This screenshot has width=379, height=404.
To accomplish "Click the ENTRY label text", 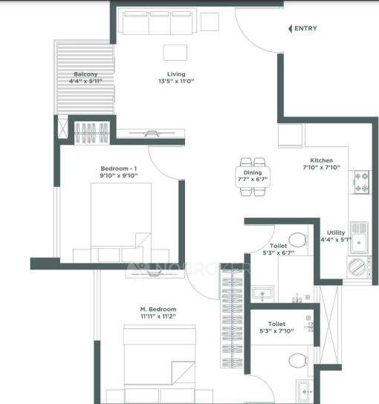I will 305,28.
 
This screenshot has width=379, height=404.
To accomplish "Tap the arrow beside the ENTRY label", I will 290,28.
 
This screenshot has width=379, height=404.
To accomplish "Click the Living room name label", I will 175,74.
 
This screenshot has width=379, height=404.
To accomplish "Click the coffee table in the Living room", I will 176,53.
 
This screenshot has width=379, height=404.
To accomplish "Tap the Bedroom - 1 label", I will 119,169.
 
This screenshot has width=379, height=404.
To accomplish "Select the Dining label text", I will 252,171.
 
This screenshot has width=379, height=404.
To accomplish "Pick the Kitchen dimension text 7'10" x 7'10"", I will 321,168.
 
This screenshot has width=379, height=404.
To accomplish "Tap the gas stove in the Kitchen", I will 361,183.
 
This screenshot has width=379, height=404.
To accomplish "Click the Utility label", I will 336,232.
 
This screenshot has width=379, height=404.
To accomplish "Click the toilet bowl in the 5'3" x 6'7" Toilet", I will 297,239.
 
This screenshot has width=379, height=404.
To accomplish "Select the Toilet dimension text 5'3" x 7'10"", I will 276,331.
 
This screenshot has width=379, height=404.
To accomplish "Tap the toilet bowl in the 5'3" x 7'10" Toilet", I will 297,362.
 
